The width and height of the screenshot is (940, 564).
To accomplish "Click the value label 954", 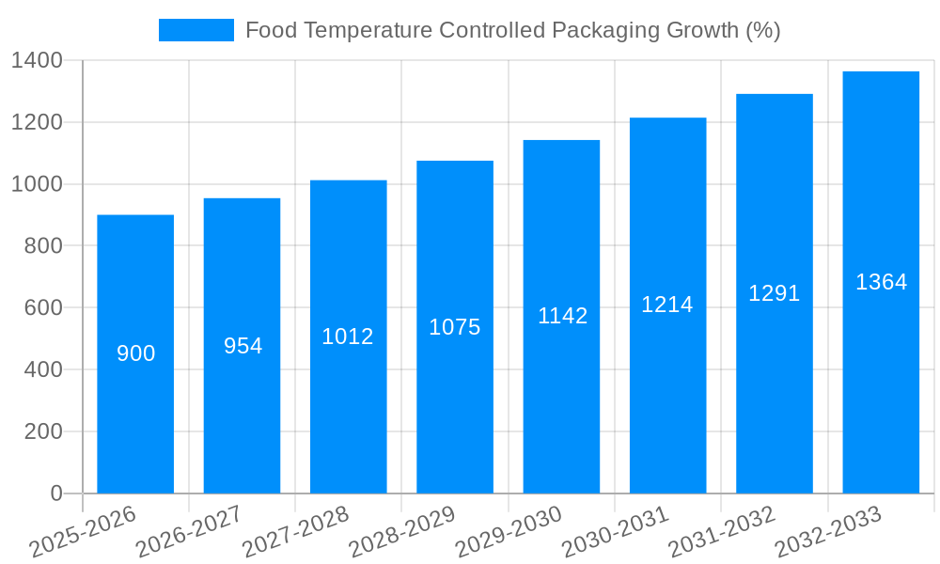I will (243, 346).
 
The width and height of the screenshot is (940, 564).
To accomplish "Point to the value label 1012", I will (348, 337).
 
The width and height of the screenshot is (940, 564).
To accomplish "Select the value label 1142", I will (562, 316).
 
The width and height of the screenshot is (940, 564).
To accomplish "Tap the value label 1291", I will (774, 293).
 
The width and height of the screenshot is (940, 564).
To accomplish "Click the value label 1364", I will (881, 282).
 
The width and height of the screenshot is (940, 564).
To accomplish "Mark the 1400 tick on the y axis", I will (37, 61).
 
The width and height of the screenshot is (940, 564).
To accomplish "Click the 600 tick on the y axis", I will (43, 308).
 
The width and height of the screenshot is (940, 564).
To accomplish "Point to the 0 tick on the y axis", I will (55, 493).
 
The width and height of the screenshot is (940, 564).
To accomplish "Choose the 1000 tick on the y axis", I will (37, 185).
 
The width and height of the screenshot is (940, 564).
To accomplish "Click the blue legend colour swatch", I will (196, 30).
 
